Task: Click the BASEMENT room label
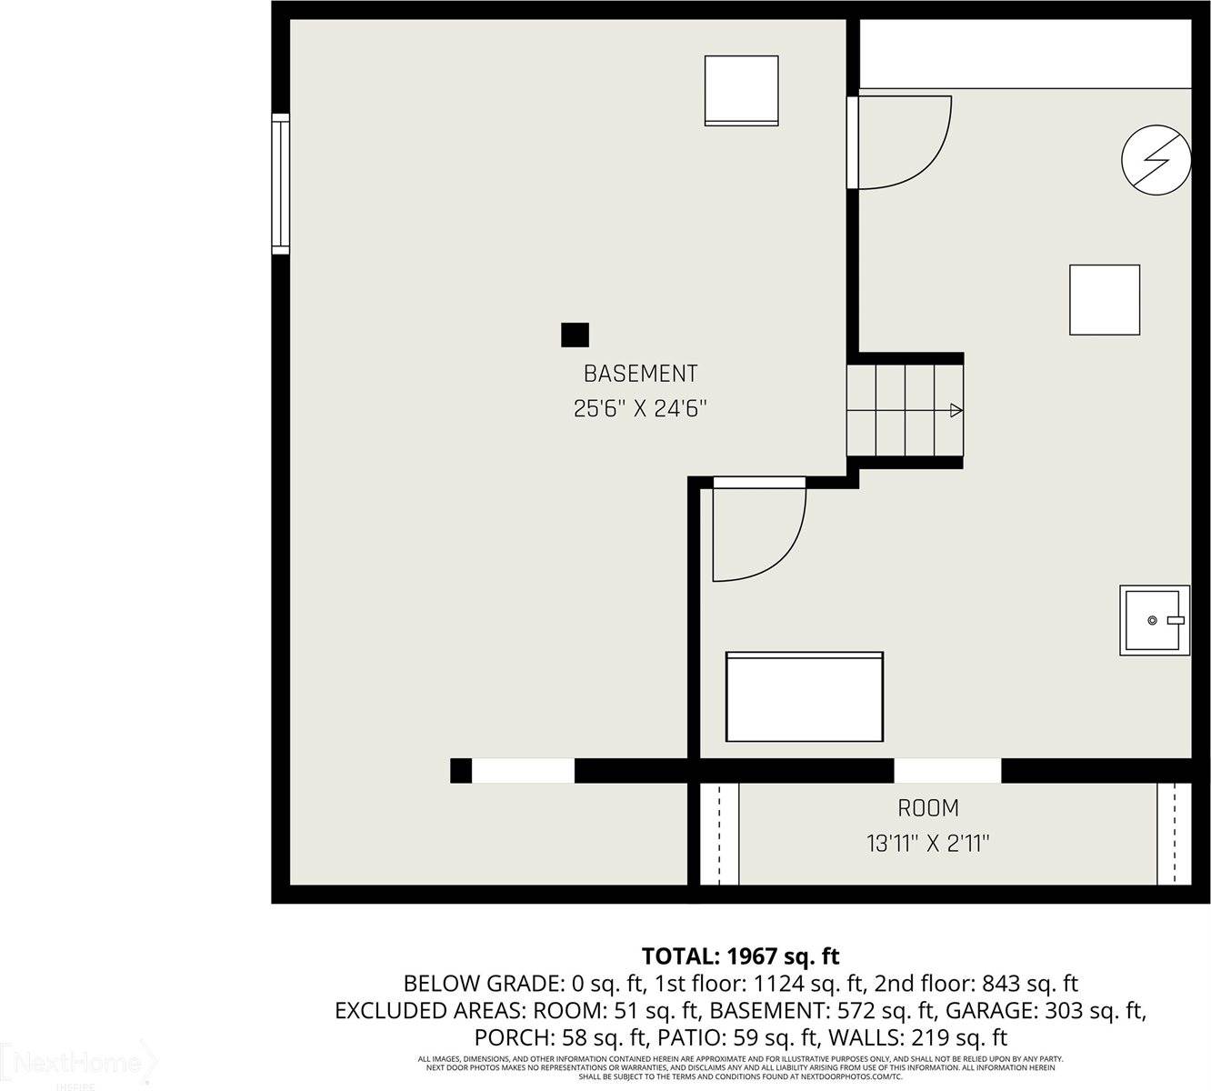pos(640,374)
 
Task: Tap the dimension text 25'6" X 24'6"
pos(640,409)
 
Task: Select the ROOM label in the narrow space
pos(928,808)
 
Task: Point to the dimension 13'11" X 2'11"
pos(927,844)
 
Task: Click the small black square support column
pos(575,335)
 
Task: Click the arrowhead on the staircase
pos(956,410)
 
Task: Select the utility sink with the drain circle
pos(1154,620)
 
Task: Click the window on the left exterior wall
pos(280,184)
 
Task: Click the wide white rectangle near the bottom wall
pos(805,696)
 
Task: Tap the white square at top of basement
pos(742,90)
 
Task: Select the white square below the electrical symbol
pos(1105,300)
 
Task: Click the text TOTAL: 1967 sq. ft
pos(740,956)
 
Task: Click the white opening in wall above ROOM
pos(947,770)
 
